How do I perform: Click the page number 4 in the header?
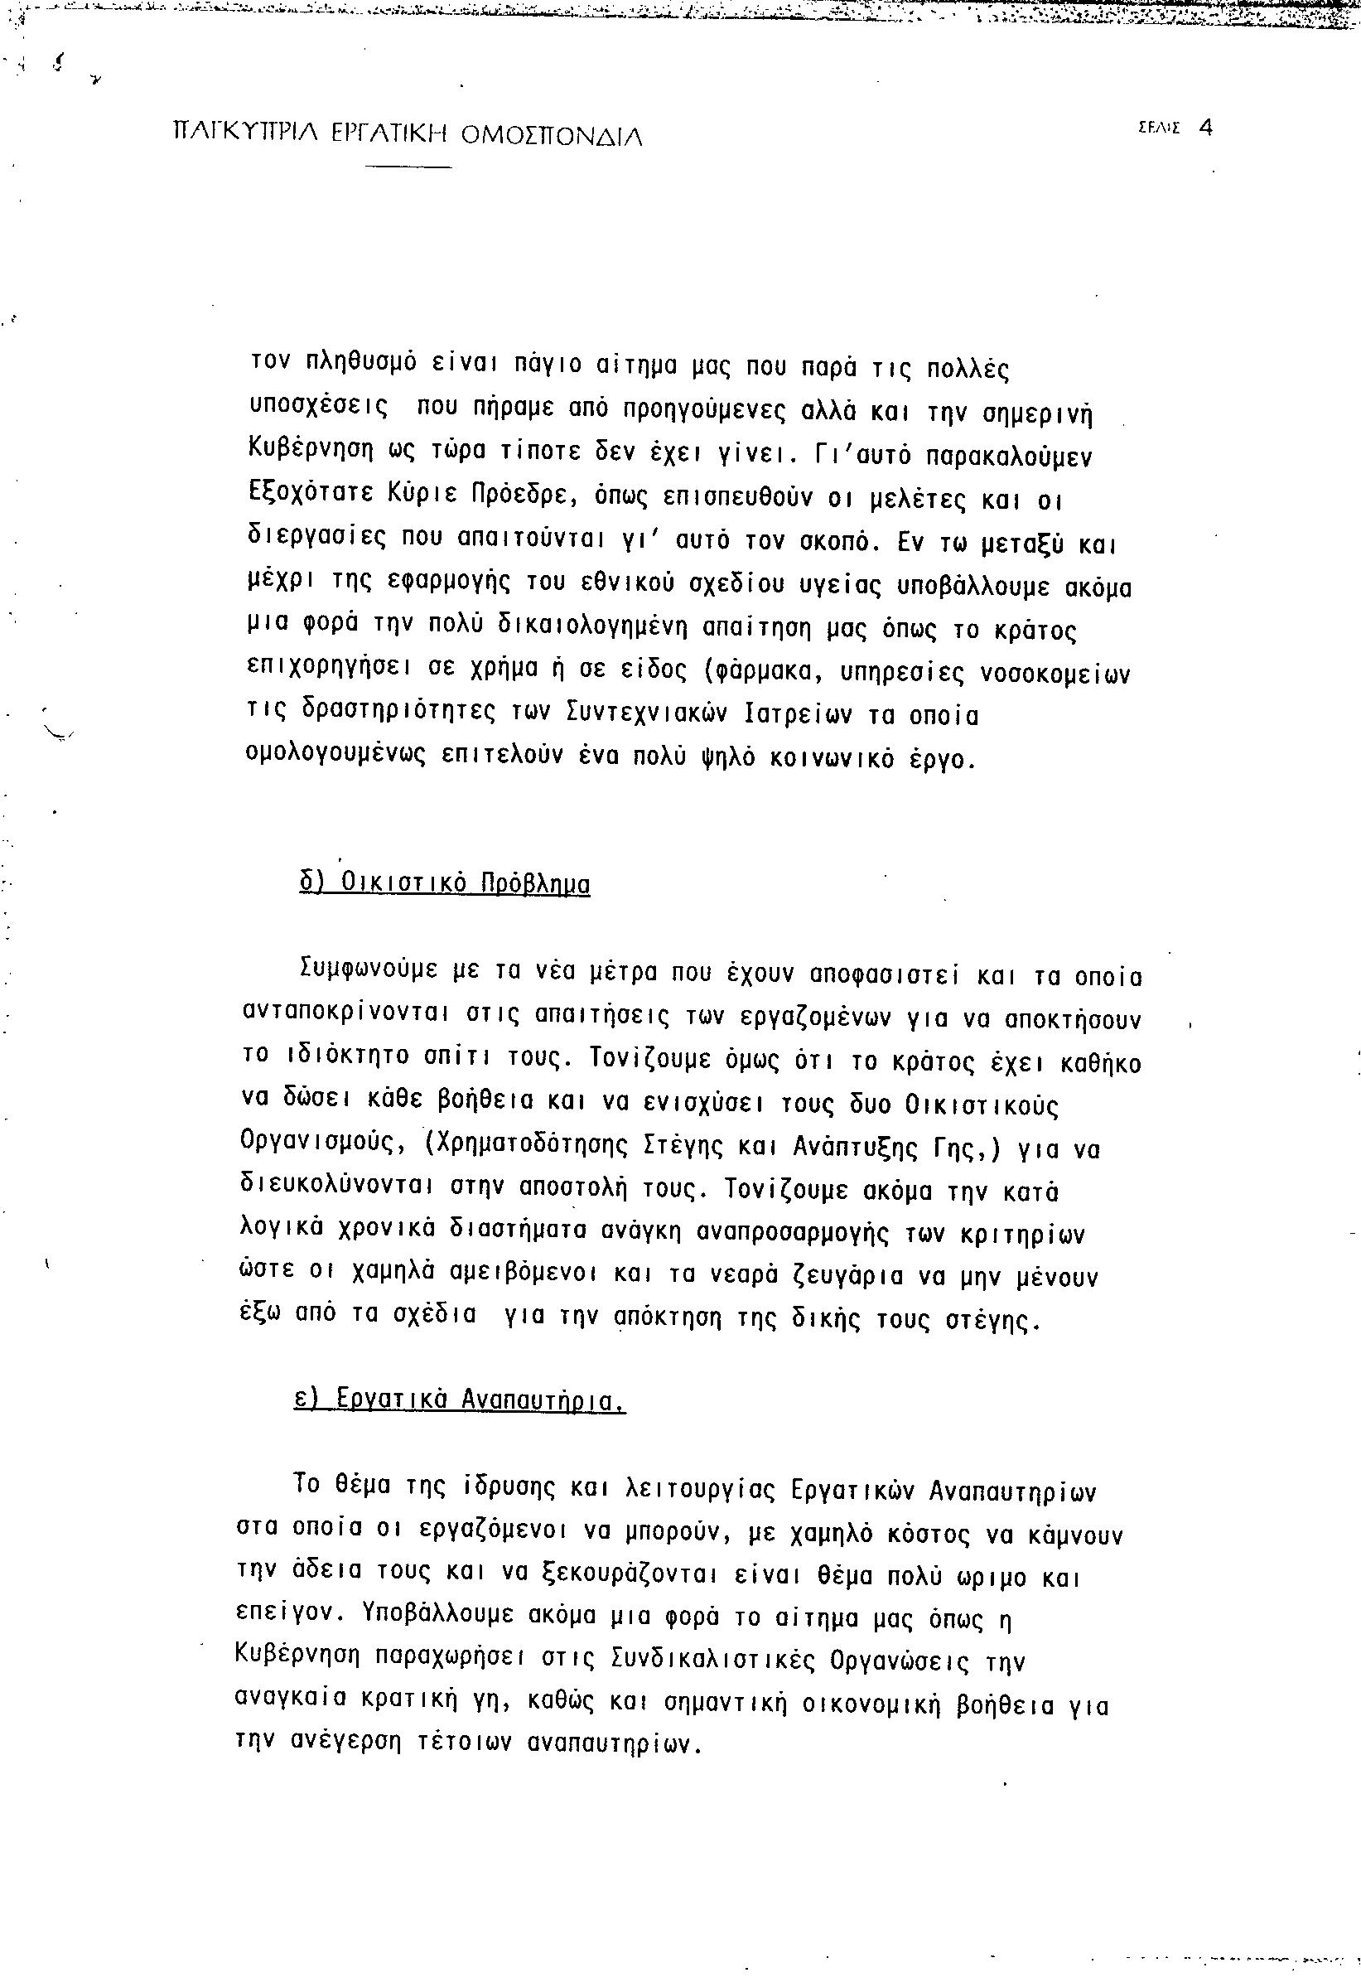coord(1205,128)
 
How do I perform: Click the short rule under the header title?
coord(407,165)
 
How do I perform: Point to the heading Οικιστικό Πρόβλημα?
coord(445,882)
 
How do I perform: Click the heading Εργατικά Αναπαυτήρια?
coord(459,1399)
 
